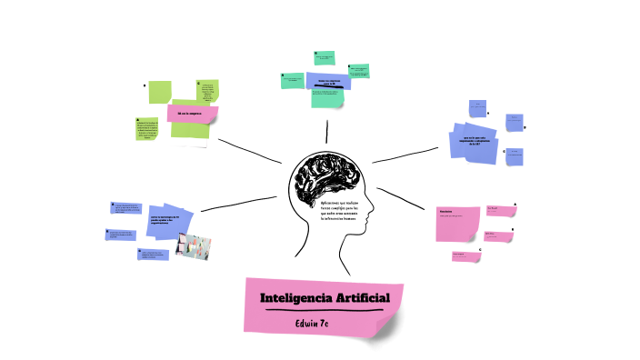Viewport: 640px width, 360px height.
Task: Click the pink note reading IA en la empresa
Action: (190, 113)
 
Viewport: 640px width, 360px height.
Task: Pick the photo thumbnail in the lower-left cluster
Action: (193, 245)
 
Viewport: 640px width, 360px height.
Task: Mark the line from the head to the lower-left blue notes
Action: (238, 203)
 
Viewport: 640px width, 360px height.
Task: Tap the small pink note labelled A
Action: (499, 210)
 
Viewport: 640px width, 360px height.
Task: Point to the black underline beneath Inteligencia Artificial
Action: (323, 310)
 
